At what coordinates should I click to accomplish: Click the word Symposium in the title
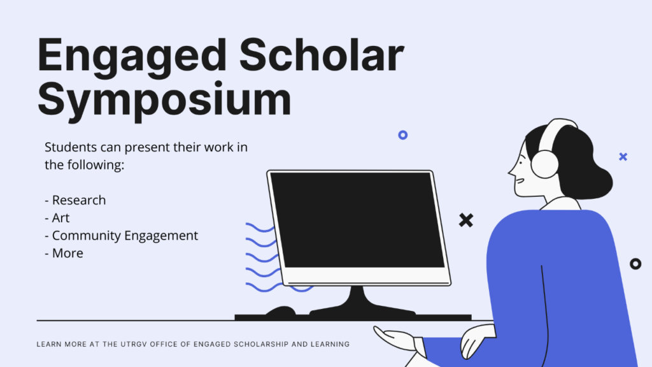point(165,100)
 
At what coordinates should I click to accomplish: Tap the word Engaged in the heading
point(132,56)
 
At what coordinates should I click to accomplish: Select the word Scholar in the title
point(322,55)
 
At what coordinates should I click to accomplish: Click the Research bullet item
point(75,200)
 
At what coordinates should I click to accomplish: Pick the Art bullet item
point(57,218)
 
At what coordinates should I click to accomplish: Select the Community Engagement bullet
point(122,236)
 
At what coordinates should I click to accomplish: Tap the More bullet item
point(64,253)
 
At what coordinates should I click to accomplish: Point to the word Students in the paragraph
point(71,147)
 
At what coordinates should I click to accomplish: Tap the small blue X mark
point(623,157)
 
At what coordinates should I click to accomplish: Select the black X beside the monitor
point(466,220)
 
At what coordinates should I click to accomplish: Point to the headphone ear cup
point(545,164)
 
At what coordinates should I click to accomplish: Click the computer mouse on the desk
point(281,311)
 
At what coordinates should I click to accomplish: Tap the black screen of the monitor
point(357,220)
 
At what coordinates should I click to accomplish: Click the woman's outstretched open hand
point(395,337)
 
